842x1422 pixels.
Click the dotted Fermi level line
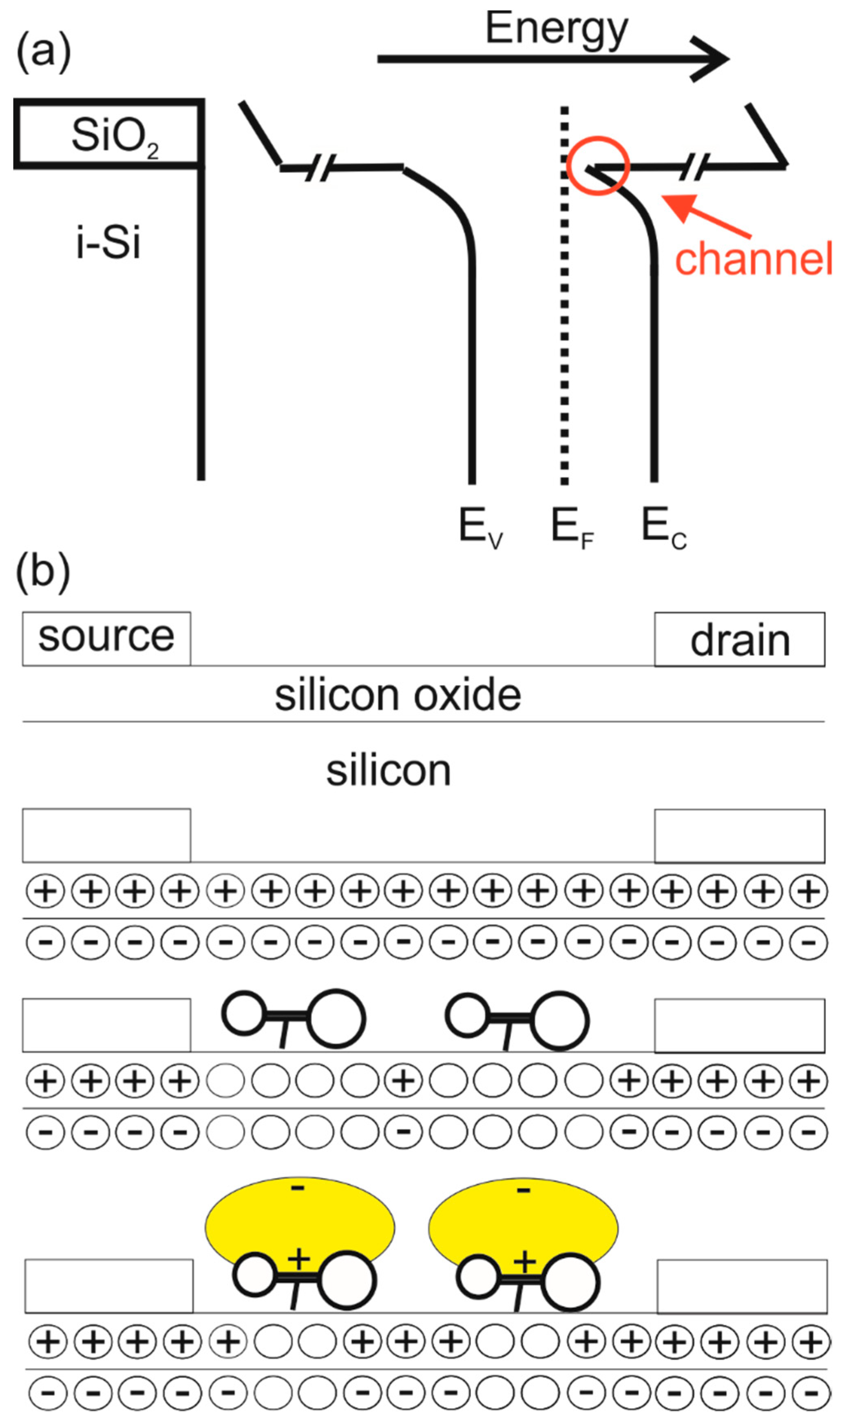click(x=564, y=341)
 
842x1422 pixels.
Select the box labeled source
click(x=106, y=638)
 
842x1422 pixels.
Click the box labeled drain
click(x=739, y=640)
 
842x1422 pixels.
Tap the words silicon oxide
click(x=397, y=695)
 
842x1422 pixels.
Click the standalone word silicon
click(x=388, y=771)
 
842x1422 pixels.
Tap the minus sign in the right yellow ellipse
click(x=524, y=1190)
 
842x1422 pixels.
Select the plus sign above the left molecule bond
click(x=298, y=1259)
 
